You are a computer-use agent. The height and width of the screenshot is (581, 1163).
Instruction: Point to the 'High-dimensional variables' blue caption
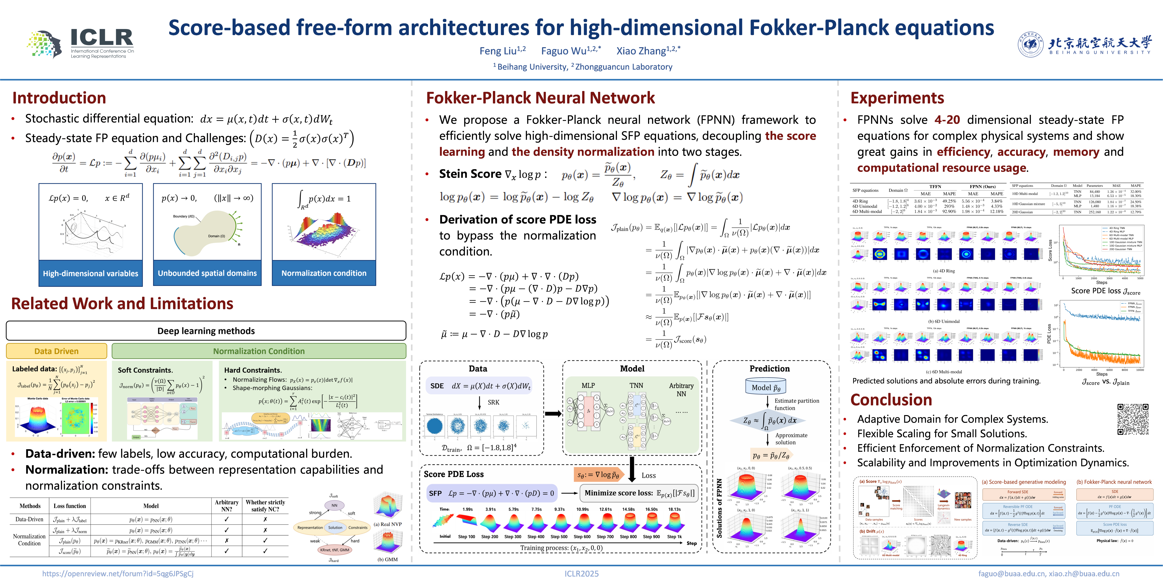90,273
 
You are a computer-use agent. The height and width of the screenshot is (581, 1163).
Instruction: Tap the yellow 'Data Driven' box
56,351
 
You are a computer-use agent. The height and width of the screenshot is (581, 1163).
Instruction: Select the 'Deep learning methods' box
206,331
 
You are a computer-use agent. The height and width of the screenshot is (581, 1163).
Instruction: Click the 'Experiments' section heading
897,98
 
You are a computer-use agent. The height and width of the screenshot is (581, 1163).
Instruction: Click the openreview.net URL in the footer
118,573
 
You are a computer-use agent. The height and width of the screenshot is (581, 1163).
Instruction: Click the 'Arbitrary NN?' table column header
226,506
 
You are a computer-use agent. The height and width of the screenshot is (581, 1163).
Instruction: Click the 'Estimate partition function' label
796,404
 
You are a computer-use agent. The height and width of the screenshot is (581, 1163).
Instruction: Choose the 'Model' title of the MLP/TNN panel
632,369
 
